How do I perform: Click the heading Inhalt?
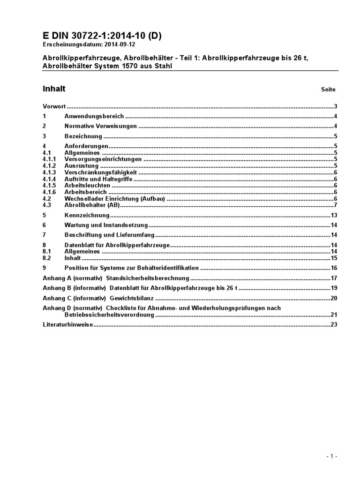click(x=54, y=89)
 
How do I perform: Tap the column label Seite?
click(x=328, y=89)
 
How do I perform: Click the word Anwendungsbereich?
click(x=94, y=116)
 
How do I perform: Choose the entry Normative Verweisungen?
click(x=100, y=126)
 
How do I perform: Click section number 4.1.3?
click(x=49, y=172)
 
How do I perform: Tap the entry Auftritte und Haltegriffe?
click(x=98, y=179)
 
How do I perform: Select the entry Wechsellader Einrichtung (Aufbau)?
click(x=114, y=199)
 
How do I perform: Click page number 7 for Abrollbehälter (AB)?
click(x=336, y=205)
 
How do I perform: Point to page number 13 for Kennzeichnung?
click(x=334, y=215)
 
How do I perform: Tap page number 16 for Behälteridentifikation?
click(x=334, y=268)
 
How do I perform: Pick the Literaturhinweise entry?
click(x=68, y=324)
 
